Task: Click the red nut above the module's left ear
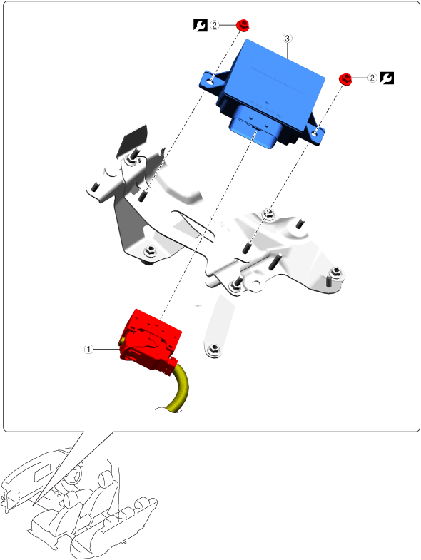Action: pos(243,25)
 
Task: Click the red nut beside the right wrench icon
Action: pos(345,78)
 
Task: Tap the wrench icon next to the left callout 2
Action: pos(200,25)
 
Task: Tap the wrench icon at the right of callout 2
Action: pos(387,78)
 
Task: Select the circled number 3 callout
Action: pos(288,38)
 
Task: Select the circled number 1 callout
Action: pos(88,349)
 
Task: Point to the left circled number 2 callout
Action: pos(215,25)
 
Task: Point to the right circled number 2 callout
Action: pos(372,78)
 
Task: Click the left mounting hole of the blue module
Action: pos(211,81)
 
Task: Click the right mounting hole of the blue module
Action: pos(315,133)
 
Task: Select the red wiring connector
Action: pos(149,342)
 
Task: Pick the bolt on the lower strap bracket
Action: pos(214,350)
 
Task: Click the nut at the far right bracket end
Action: pos(335,273)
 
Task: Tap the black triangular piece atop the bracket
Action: pos(132,142)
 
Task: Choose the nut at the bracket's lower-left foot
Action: pos(150,250)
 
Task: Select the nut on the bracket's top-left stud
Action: pos(130,161)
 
